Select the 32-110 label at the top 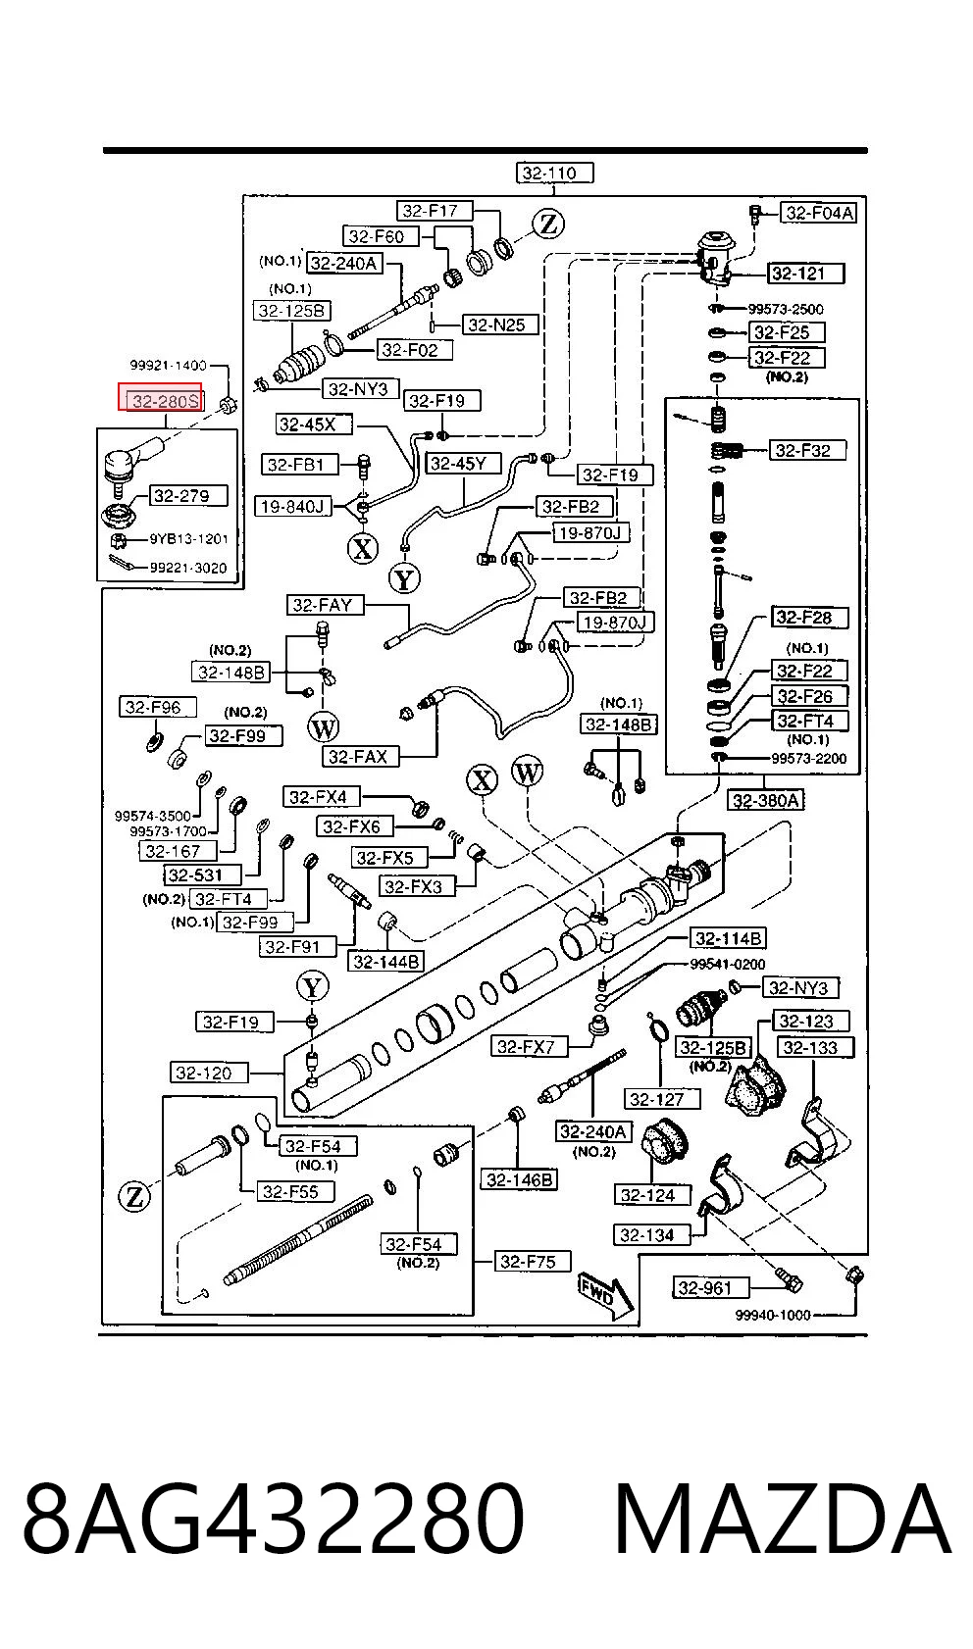[554, 173]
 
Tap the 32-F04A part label [819, 213]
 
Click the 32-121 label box [805, 274]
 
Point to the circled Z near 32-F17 [548, 224]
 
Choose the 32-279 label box [187, 495]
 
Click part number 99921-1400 [168, 365]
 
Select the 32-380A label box [766, 800]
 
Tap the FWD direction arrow [605, 1294]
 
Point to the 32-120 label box [209, 1073]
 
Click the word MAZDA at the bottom [782, 1518]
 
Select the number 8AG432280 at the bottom [274, 1518]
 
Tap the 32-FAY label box [325, 605]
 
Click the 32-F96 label [158, 707]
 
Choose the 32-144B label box [385, 962]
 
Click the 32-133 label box [815, 1047]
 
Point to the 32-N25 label [501, 324]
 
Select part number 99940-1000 [773, 1315]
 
